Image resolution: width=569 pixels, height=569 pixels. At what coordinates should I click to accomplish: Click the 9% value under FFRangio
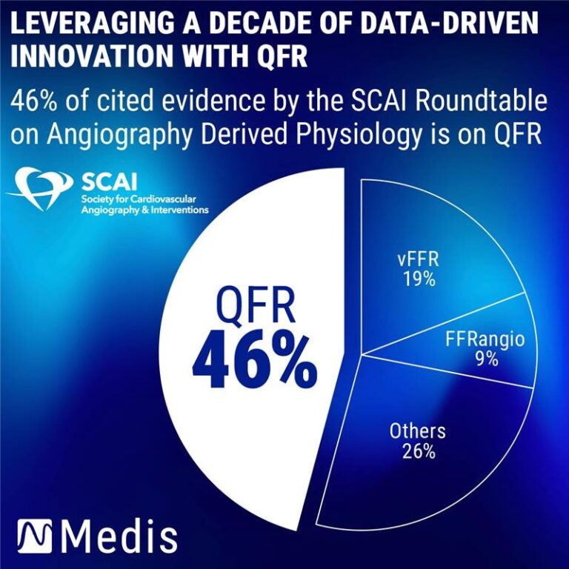click(486, 359)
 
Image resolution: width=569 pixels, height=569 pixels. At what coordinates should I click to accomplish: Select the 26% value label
click(418, 451)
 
